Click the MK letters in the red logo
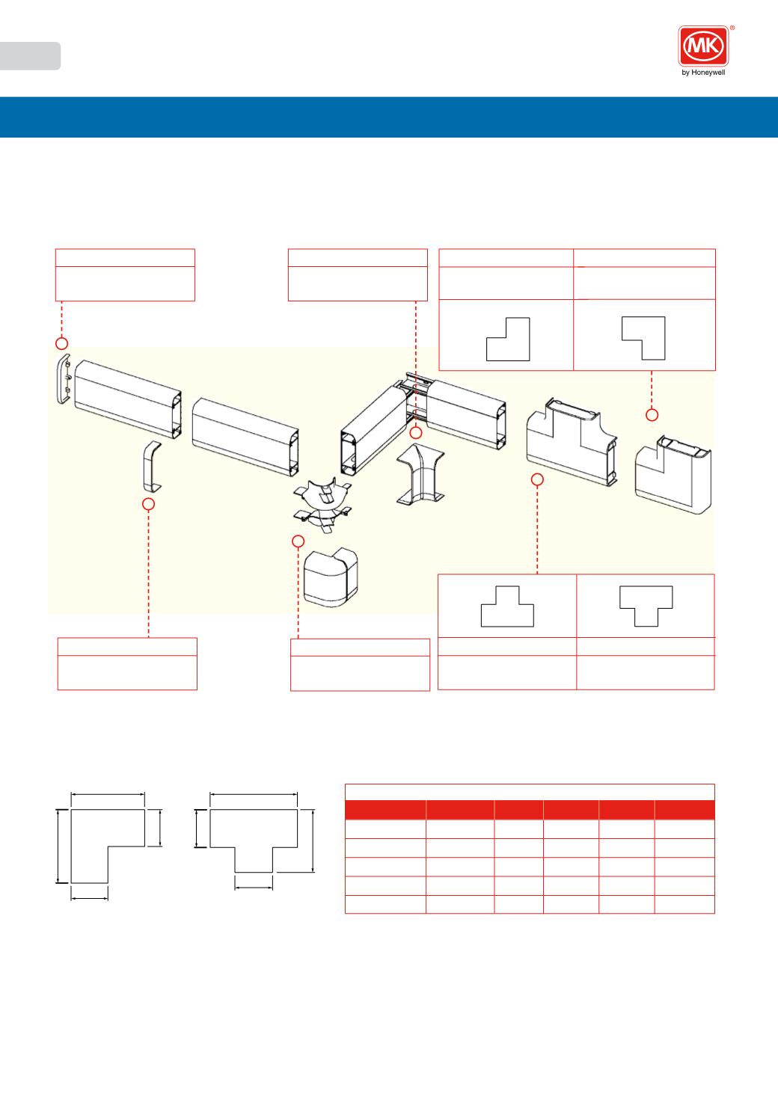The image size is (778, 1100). coord(703,46)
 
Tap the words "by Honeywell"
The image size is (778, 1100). coord(703,73)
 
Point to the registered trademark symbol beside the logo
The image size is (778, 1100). coord(732,28)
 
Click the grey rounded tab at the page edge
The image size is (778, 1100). coord(30,56)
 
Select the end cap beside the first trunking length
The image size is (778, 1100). coord(64,378)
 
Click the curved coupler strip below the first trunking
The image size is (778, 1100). coord(152,467)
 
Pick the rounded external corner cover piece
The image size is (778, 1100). coord(331,577)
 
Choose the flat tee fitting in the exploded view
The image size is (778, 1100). coord(572,442)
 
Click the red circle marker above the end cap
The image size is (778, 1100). coord(61,343)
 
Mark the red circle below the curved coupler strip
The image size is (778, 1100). coord(148,504)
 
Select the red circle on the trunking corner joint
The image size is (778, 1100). coord(416,433)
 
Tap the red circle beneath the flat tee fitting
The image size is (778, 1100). coord(538,479)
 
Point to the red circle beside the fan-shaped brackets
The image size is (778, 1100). coord(298,541)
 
